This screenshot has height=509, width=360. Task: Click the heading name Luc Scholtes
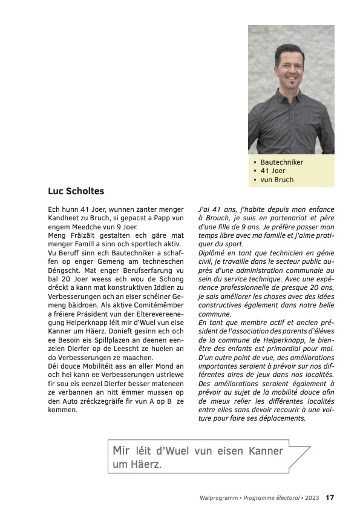tap(76, 191)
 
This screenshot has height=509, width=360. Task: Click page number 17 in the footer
tap(330, 498)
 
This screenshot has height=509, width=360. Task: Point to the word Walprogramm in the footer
tap(218, 498)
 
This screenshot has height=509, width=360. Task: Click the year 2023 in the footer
tap(312, 498)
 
